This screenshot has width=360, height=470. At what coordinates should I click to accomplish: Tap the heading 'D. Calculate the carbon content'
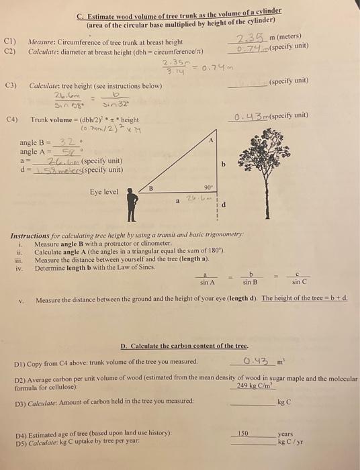pyautogui.click(x=185, y=346)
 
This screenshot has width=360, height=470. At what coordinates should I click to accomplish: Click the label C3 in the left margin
pyautogui.click(x=10, y=87)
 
